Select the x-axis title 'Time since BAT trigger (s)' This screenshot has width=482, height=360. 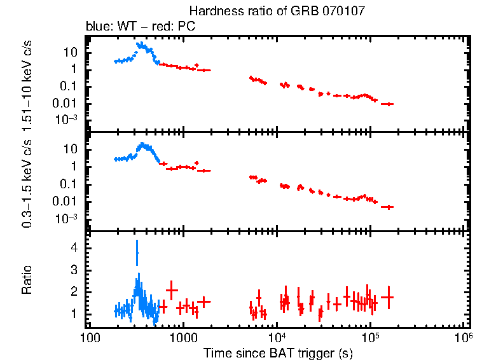[x=278, y=352]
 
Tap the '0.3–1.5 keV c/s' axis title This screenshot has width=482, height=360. [x=27, y=185]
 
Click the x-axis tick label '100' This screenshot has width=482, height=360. [x=90, y=338]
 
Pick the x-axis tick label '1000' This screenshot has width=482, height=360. [x=183, y=338]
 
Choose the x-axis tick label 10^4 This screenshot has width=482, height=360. [x=277, y=336]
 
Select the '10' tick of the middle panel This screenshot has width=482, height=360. [x=71, y=149]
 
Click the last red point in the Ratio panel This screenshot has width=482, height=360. [x=387, y=297]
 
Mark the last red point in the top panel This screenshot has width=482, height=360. [x=387, y=104]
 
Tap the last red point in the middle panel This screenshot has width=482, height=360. [x=387, y=207]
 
